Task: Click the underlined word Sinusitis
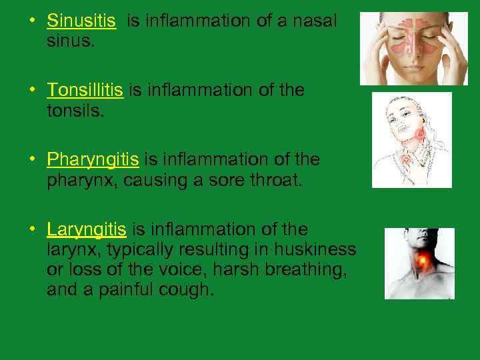point(81,21)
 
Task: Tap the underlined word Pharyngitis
point(93,160)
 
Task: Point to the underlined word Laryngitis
point(86,230)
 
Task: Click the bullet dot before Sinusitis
point(31,20)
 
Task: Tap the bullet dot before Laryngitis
point(31,229)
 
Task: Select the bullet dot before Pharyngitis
point(31,159)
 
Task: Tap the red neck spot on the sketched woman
point(420,135)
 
